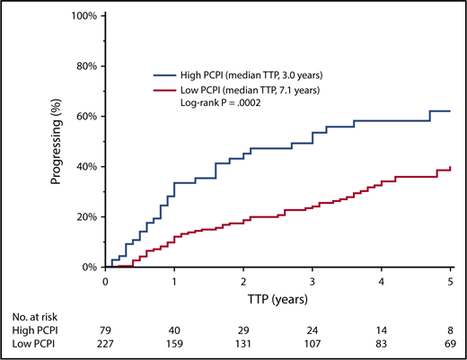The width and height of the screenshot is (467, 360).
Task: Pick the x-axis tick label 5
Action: pyautogui.click(x=451, y=280)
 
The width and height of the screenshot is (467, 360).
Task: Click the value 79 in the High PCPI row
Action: pyautogui.click(x=106, y=331)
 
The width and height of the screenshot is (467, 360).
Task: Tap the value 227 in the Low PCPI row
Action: pyautogui.click(x=106, y=345)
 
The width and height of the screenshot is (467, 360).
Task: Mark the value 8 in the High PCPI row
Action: pyautogui.click(x=451, y=331)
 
